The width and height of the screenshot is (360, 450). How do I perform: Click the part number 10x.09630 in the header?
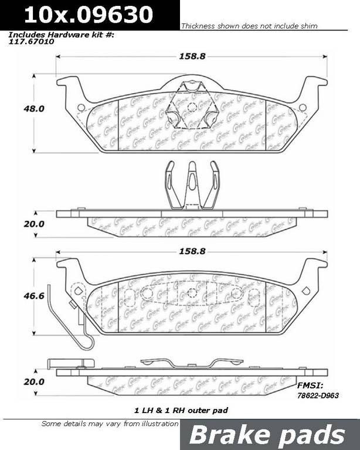[x=89, y=15]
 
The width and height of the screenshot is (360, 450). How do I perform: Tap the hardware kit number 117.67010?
[x=31, y=42]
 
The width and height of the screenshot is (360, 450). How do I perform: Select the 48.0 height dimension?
[x=34, y=109]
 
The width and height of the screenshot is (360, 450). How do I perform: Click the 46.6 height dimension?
[x=34, y=295]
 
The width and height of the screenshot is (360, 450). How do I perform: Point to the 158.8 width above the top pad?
[x=192, y=56]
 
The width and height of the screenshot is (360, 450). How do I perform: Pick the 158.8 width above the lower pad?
[x=192, y=251]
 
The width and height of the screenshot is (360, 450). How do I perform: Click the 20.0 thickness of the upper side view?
[x=34, y=224]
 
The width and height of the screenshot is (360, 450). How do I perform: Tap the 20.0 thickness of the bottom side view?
[x=34, y=381]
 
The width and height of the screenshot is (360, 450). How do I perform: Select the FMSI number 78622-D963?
[x=318, y=396]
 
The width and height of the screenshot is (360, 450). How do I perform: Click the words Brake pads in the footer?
[x=267, y=435]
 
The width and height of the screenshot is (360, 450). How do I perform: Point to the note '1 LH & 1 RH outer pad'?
[x=181, y=410]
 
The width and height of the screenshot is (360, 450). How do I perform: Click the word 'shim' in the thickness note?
[x=309, y=26]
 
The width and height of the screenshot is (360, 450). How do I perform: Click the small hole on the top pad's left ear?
[x=81, y=108]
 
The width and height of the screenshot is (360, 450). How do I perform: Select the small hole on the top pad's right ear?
[x=303, y=108]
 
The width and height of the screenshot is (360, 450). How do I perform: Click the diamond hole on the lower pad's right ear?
[x=306, y=291]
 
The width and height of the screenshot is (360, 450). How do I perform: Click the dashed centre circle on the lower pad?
[x=192, y=293]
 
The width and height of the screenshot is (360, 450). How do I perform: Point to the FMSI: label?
[x=310, y=386]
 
